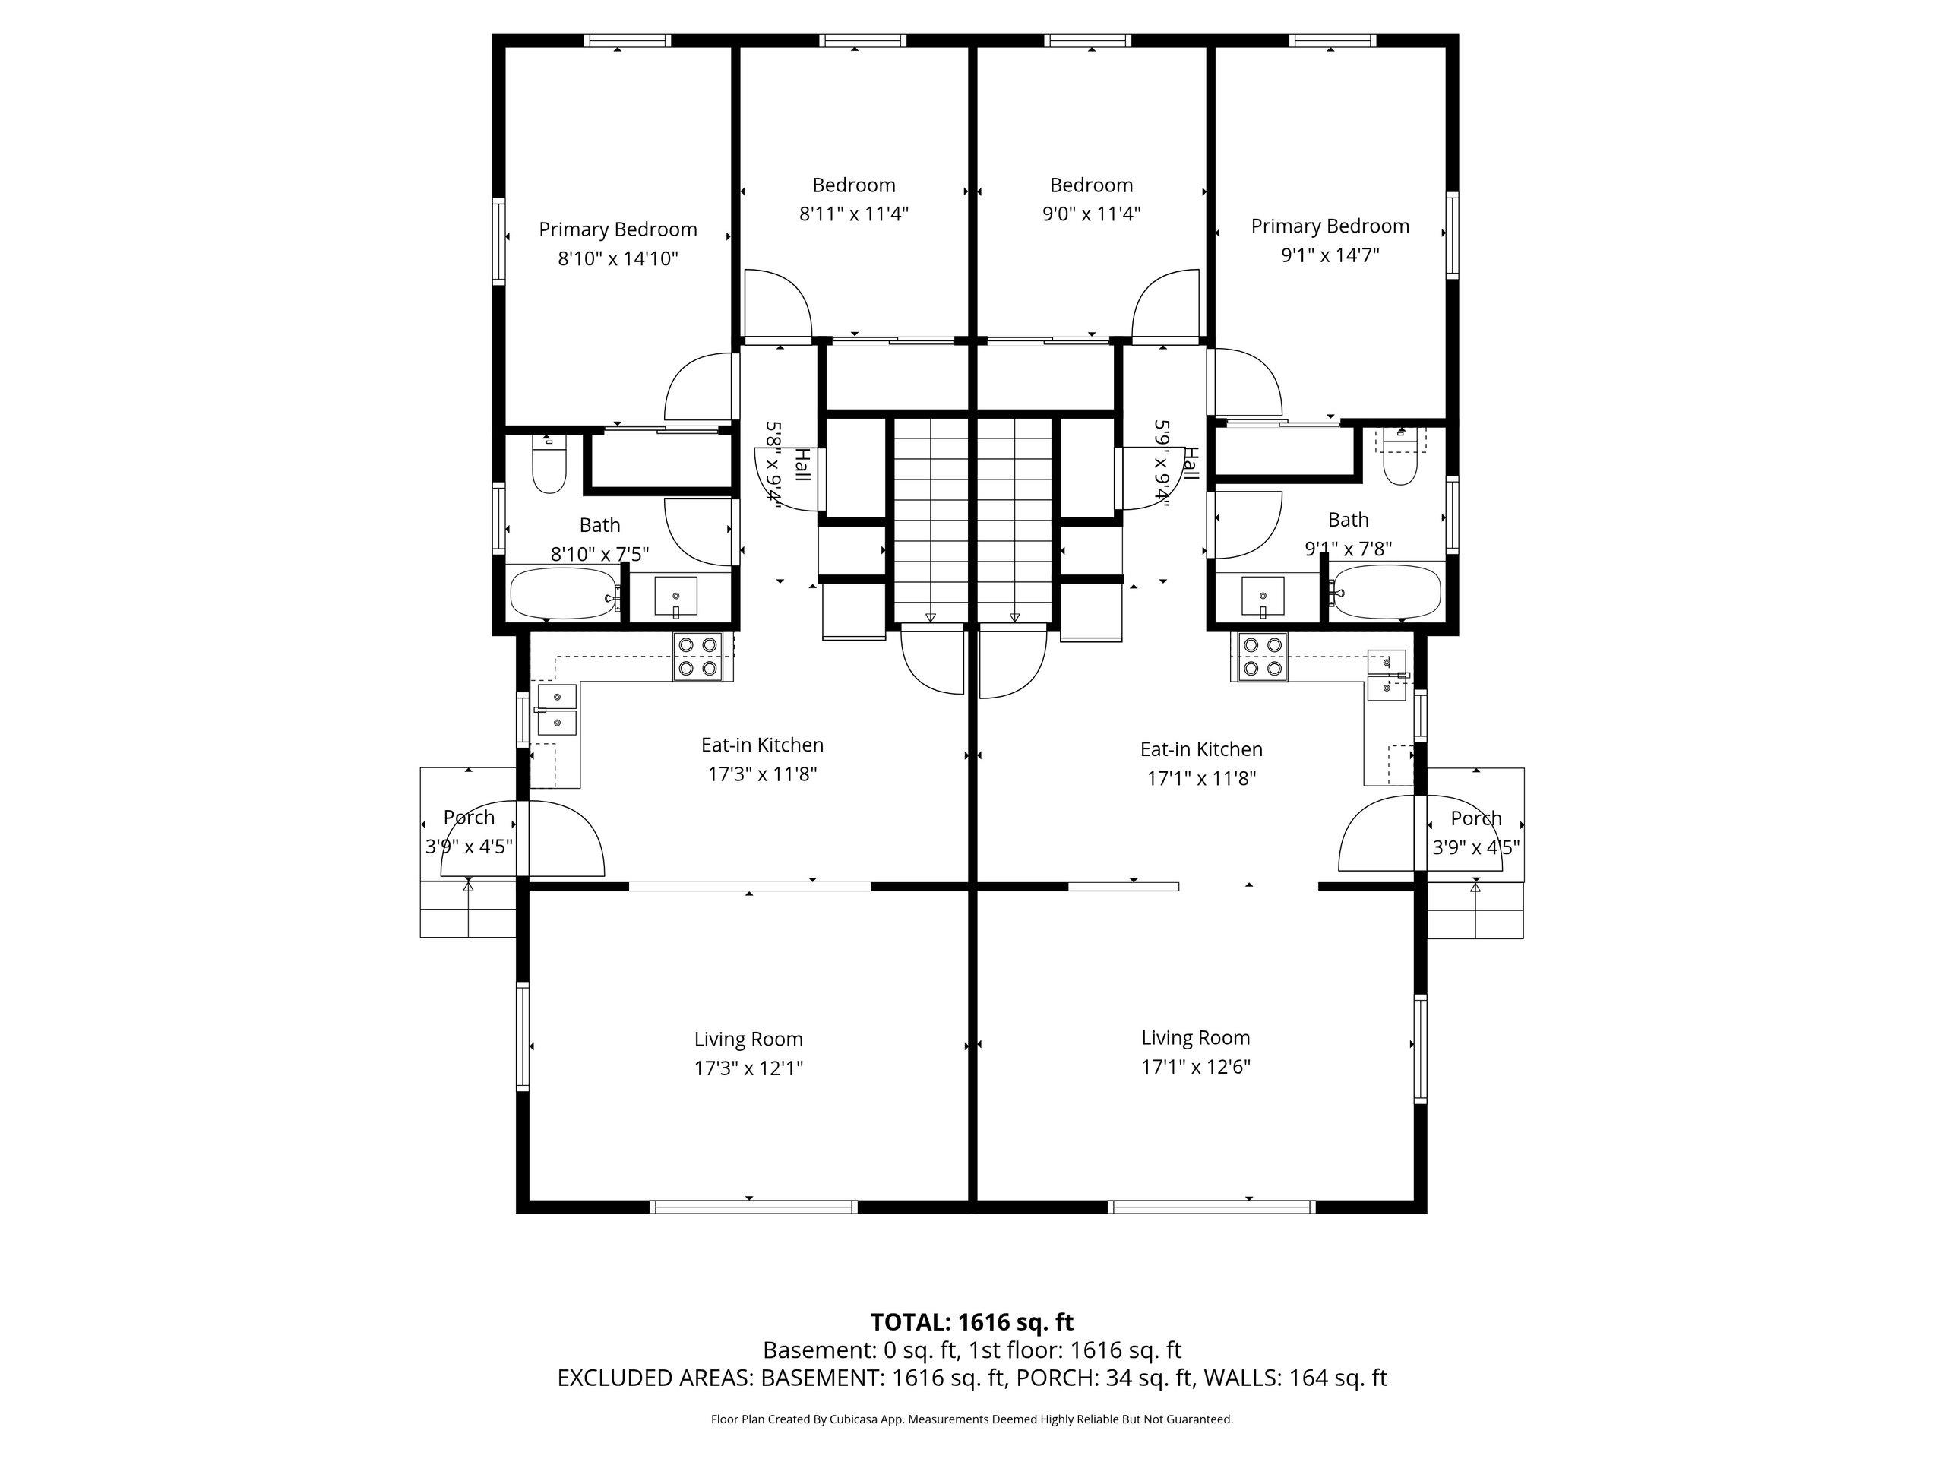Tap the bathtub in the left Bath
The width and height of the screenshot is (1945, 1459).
(x=565, y=593)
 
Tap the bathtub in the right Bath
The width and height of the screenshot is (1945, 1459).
(x=1386, y=590)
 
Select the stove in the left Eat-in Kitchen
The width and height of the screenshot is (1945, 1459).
(x=698, y=657)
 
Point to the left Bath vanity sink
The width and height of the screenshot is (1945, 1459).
(x=675, y=597)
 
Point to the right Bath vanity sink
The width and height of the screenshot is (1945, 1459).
(x=1263, y=597)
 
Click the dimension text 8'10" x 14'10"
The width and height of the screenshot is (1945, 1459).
(x=618, y=258)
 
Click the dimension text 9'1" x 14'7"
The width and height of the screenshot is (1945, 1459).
(x=1330, y=255)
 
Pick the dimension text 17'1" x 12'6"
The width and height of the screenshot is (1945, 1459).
(x=1196, y=1067)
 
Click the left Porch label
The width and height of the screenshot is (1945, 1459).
(x=469, y=817)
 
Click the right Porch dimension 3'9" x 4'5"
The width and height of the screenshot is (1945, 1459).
(x=1476, y=848)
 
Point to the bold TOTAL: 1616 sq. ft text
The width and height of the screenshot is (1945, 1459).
(x=972, y=1321)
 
